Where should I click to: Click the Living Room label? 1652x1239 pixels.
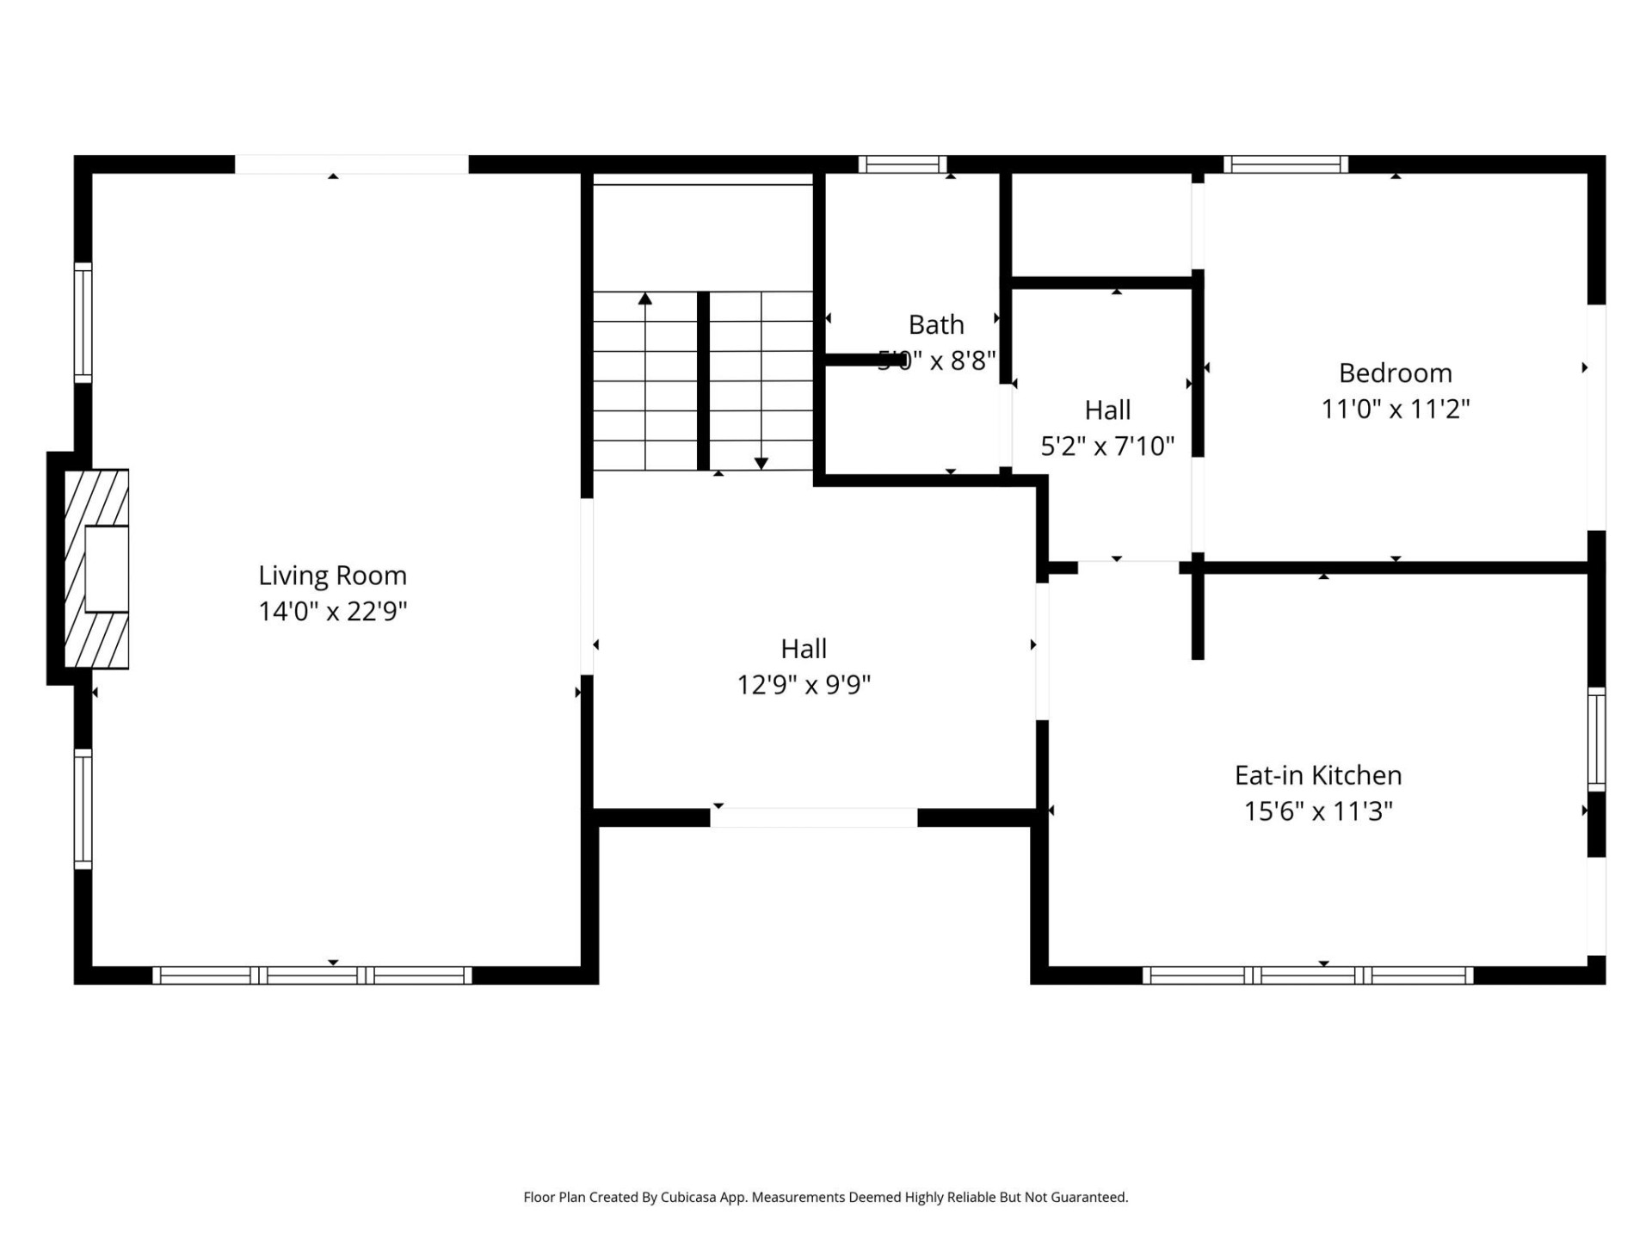(x=332, y=575)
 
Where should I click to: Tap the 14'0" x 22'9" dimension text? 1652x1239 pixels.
(x=332, y=611)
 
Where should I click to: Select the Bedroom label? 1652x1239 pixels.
(x=1395, y=373)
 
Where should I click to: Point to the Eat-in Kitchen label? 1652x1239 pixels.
(x=1317, y=775)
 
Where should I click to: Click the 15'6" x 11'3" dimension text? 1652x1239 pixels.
(x=1317, y=811)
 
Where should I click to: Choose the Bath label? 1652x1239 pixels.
(x=936, y=324)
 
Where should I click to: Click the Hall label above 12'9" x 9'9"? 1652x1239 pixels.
(x=803, y=648)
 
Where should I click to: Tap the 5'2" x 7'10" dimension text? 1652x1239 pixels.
(x=1107, y=446)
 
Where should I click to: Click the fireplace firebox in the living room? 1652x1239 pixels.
(x=107, y=569)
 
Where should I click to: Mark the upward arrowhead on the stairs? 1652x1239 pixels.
(x=645, y=299)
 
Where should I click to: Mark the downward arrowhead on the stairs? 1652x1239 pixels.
(x=761, y=464)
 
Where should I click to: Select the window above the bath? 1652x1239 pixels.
(x=902, y=164)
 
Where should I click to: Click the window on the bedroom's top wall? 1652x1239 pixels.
(x=1285, y=164)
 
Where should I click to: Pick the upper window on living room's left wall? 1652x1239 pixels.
(x=83, y=323)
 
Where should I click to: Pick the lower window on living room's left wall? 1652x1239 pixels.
(x=83, y=809)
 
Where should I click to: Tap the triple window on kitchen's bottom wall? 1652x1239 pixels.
(x=1308, y=975)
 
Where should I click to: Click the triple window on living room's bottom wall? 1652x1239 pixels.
(x=312, y=975)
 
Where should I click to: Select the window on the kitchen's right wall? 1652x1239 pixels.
(x=1596, y=739)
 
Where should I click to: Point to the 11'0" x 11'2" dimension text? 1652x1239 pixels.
(x=1395, y=409)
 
